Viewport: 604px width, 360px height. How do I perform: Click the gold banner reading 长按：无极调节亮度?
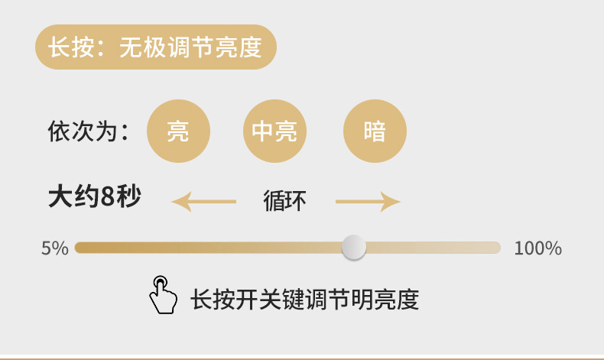point(155,47)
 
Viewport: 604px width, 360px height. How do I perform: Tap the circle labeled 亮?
point(178,131)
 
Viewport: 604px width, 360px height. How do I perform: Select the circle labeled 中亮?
point(274,131)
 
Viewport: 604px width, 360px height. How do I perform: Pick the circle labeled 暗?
point(375,131)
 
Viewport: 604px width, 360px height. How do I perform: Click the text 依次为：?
point(87,131)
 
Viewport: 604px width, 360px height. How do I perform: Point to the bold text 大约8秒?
point(94,197)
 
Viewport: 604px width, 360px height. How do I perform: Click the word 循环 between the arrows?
point(284,201)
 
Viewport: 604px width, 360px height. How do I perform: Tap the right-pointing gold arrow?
point(369,202)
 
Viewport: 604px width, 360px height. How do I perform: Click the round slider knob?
point(354,248)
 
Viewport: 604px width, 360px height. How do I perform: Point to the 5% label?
point(55,248)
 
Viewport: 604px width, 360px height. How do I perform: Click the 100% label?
point(537,248)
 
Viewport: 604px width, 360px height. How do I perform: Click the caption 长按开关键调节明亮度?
point(304,299)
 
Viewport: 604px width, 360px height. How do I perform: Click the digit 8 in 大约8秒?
point(107,197)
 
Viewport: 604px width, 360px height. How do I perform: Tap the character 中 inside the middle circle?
point(263,131)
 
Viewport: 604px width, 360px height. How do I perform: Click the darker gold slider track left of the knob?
point(206,248)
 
